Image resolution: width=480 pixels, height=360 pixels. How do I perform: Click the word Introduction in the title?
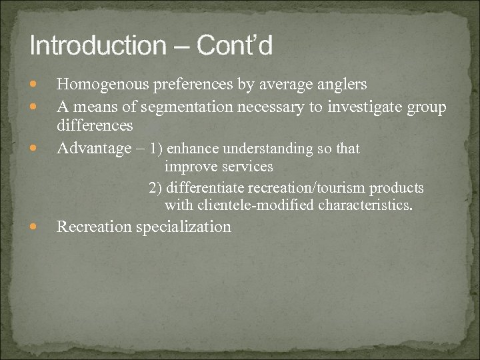coord(97,46)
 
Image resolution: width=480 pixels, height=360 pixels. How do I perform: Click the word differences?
coord(95,125)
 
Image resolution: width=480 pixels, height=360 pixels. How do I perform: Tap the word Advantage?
coord(95,148)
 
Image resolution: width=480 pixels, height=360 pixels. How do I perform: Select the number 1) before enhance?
coord(157,148)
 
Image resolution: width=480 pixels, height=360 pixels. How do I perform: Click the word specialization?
coord(183,227)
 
